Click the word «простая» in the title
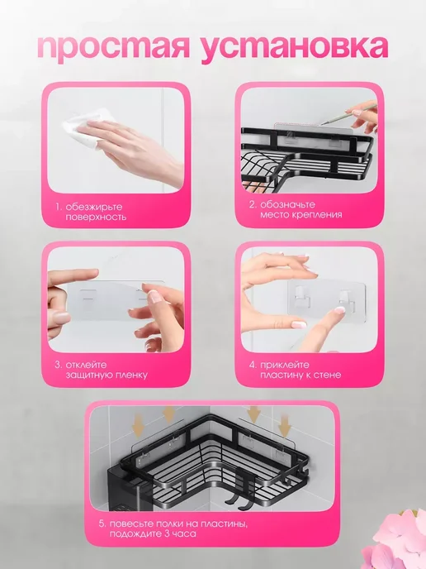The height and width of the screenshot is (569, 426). point(114,47)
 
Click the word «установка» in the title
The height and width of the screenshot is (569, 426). point(295,47)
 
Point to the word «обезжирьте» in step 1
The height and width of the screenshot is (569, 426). point(94,208)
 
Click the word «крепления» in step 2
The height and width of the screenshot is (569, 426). point(319,215)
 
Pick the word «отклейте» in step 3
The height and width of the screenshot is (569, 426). point(86,365)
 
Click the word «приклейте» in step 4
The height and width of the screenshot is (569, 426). point(285,365)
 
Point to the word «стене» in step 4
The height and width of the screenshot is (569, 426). point(328,375)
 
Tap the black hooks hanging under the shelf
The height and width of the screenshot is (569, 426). point(239,488)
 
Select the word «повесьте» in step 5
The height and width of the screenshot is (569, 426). point(131,524)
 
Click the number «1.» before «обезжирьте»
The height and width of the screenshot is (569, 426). point(59,208)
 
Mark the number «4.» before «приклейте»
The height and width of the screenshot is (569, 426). point(253,365)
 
